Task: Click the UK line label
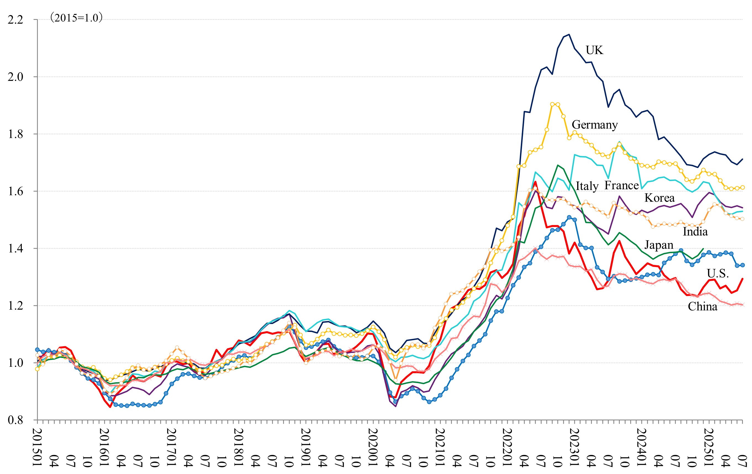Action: tap(594, 50)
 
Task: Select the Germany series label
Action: tap(594, 125)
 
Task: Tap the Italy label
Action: tap(587, 186)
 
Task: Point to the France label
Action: tap(621, 185)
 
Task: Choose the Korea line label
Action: tap(659, 198)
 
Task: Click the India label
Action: tap(695, 232)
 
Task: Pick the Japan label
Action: tap(659, 245)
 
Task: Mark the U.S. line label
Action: tap(718, 273)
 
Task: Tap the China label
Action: tap(702, 307)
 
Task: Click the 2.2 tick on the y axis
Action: tap(16, 20)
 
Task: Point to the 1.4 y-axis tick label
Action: tap(16, 249)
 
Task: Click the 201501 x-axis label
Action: tap(38, 447)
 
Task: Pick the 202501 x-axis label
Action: tap(709, 447)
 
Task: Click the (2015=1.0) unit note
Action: tap(76, 18)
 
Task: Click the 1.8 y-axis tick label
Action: tap(16, 134)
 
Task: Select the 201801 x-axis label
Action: tap(239, 447)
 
